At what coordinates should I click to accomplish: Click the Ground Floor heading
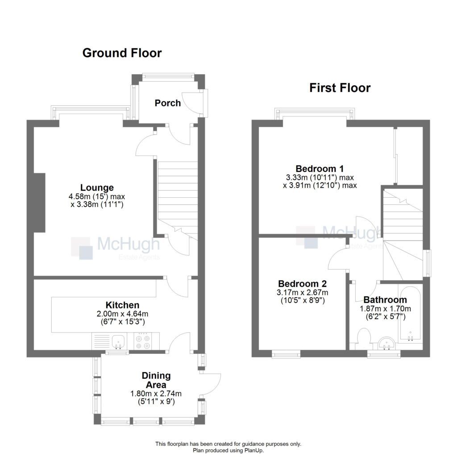(122, 53)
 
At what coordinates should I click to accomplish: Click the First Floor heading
(340, 88)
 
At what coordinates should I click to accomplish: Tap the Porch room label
(168, 103)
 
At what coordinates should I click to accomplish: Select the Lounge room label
(97, 187)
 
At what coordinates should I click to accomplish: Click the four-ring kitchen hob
(143, 341)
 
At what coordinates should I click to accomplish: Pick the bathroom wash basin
(386, 344)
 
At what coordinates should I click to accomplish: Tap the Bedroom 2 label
(303, 284)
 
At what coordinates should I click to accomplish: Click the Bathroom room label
(385, 300)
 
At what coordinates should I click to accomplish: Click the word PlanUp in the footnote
(253, 450)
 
